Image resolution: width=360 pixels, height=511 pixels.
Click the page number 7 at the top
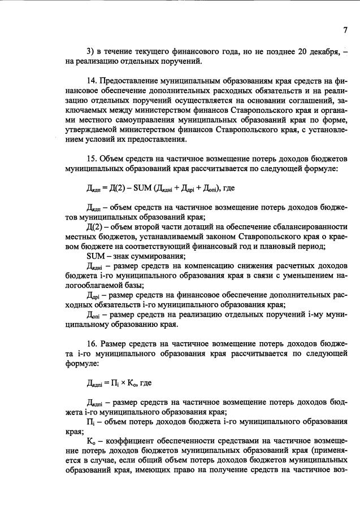(344, 30)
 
